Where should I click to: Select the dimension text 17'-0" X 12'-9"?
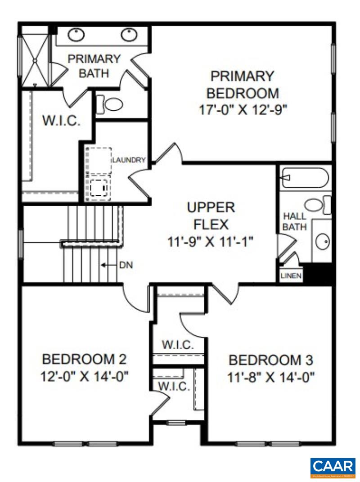[243, 110]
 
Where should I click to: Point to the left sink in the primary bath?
[77, 34]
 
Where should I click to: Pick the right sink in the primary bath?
[130, 34]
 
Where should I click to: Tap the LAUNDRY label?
[129, 160]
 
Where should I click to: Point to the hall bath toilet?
[321, 206]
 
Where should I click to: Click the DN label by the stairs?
[126, 265]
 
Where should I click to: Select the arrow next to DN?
[107, 265]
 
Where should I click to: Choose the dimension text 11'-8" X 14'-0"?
[270, 376]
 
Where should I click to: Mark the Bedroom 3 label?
[270, 360]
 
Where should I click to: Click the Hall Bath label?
[295, 222]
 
